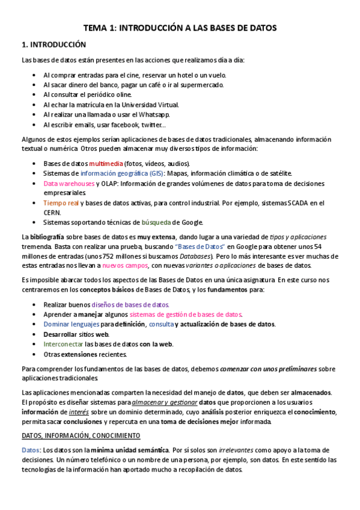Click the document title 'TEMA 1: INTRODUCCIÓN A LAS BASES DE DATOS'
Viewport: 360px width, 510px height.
click(x=180, y=28)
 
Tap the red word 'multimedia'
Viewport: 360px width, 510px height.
click(x=106, y=164)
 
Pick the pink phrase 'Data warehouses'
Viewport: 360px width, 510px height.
click(x=69, y=183)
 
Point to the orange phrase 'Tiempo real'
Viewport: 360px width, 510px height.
click(x=61, y=203)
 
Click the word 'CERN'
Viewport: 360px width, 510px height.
click(x=52, y=212)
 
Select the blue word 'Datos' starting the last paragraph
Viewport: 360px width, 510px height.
click(x=31, y=450)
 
